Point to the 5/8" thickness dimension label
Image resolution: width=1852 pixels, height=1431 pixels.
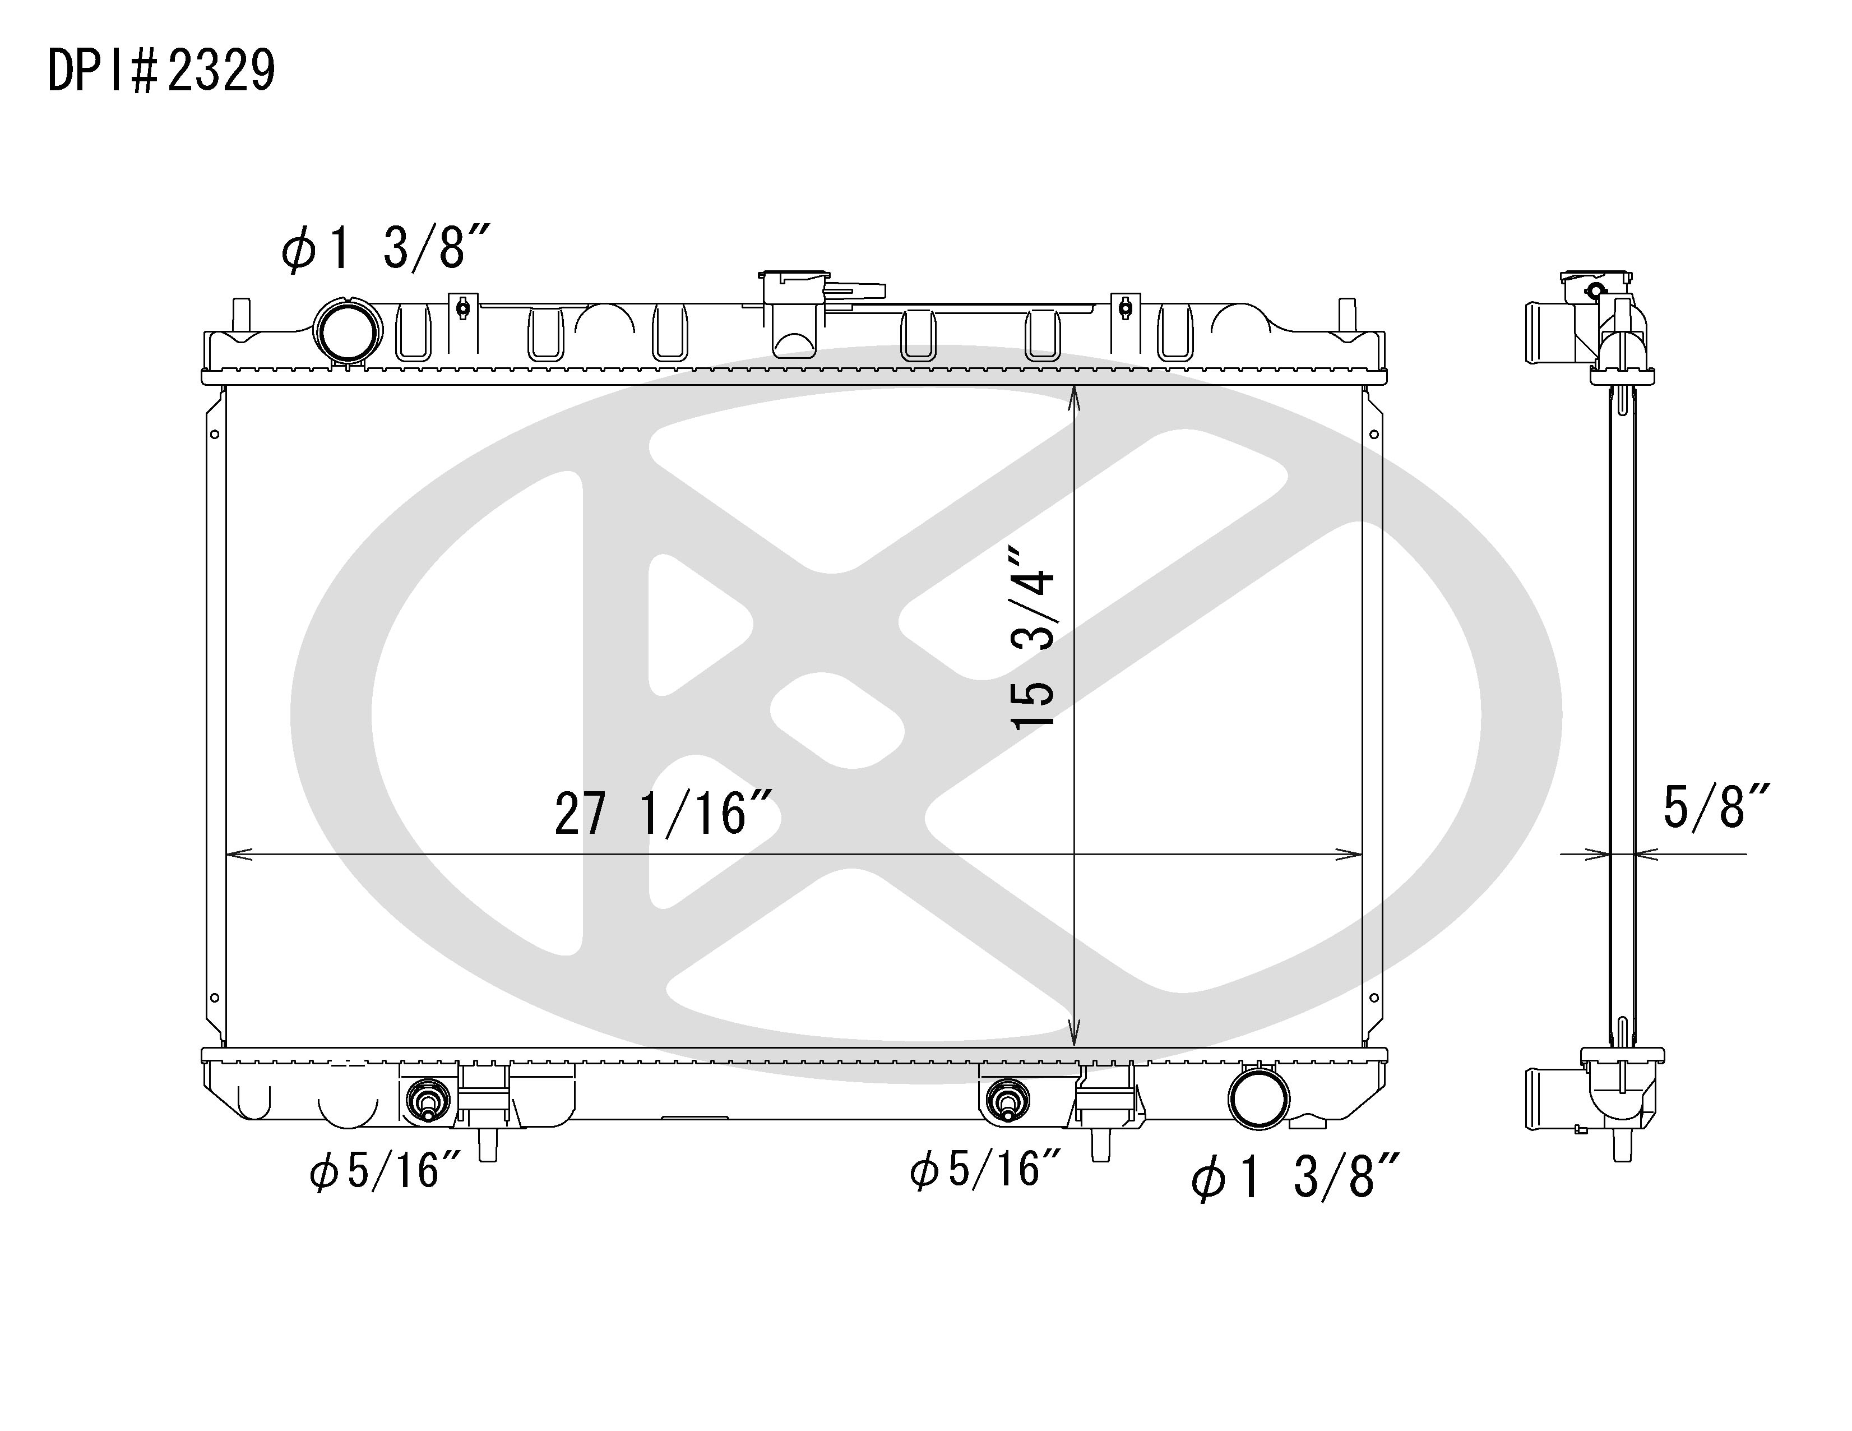[1715, 807]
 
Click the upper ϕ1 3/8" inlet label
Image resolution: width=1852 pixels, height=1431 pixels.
[386, 248]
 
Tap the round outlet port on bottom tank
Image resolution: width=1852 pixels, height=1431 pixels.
[1258, 1100]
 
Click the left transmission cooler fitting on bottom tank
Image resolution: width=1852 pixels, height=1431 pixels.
[427, 1102]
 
